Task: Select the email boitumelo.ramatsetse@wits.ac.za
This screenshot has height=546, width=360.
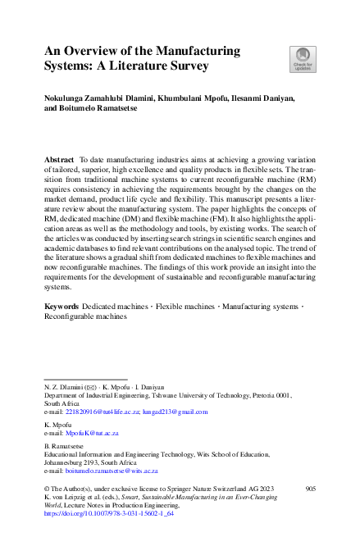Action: (x=111, y=471)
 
